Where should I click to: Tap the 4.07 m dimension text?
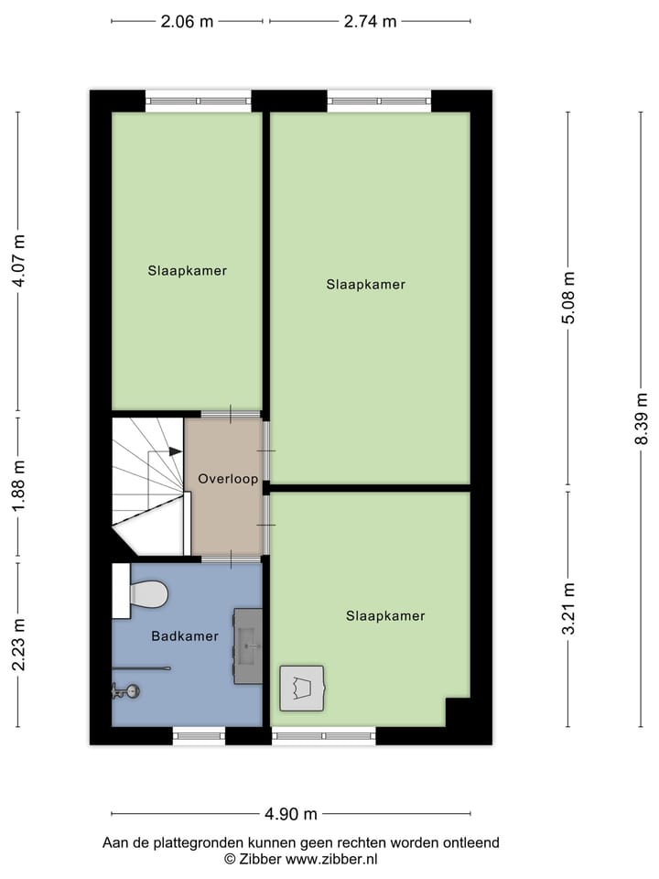click(x=19, y=262)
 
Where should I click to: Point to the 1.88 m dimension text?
click(x=19, y=487)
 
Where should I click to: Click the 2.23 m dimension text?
click(x=19, y=645)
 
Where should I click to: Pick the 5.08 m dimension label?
click(x=568, y=298)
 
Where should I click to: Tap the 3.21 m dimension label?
click(x=568, y=609)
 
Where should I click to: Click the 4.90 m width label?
click(x=291, y=814)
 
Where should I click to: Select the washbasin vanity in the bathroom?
click(x=248, y=646)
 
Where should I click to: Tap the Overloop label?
click(x=228, y=479)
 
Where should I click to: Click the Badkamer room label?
click(x=185, y=635)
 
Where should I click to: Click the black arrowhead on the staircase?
click(x=175, y=450)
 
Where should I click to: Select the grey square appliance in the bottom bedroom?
click(x=301, y=688)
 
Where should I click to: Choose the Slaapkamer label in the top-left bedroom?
click(x=187, y=271)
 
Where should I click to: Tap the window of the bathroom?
click(x=199, y=735)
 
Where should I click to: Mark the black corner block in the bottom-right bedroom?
click(x=458, y=712)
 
